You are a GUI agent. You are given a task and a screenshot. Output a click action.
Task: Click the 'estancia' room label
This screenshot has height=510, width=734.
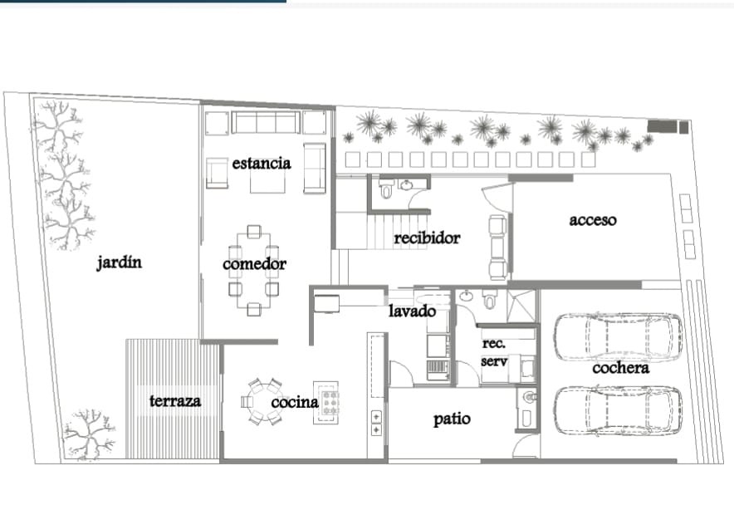(262, 164)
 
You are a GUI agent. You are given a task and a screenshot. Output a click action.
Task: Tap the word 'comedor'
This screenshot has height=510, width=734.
(254, 263)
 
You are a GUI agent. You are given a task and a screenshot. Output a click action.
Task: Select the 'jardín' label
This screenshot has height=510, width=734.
(119, 262)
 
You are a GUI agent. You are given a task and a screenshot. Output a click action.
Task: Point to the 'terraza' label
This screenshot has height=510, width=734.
(175, 401)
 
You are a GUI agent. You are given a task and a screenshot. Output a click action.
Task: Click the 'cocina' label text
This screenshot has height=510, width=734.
(295, 402)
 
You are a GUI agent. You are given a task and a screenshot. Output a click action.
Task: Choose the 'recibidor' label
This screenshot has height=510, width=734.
(427, 238)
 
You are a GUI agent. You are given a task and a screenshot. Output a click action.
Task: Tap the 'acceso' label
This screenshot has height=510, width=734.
(593, 220)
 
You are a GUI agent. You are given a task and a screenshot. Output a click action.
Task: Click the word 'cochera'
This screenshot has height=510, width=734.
(621, 368)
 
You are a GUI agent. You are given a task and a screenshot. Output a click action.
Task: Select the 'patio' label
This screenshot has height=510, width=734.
(452, 419)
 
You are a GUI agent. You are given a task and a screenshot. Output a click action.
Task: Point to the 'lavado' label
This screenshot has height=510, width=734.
(413, 311)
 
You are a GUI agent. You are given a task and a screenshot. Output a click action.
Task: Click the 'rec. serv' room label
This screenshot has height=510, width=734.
(494, 352)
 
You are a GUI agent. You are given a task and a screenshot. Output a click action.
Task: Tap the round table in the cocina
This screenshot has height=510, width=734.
(262, 402)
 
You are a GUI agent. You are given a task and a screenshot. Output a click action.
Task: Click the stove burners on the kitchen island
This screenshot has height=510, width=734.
(330, 402)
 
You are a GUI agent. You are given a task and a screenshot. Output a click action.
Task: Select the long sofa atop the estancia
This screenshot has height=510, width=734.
(266, 123)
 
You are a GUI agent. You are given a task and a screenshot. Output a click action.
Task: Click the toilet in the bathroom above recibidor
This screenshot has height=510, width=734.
(387, 189)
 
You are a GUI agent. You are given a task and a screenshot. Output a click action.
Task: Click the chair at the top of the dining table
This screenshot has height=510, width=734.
(254, 232)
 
